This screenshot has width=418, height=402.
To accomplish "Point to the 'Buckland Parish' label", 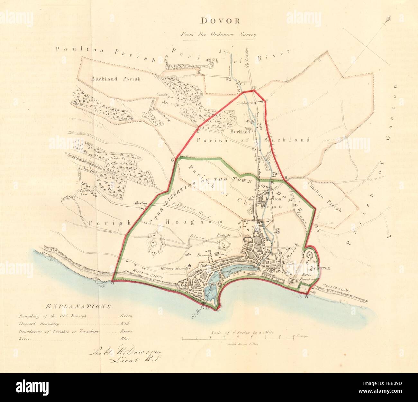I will click(116, 79).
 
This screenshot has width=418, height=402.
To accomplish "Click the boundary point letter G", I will click(172, 160).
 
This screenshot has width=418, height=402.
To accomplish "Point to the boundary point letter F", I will click(198, 131).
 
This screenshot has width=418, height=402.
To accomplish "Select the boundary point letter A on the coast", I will click(306, 297).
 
